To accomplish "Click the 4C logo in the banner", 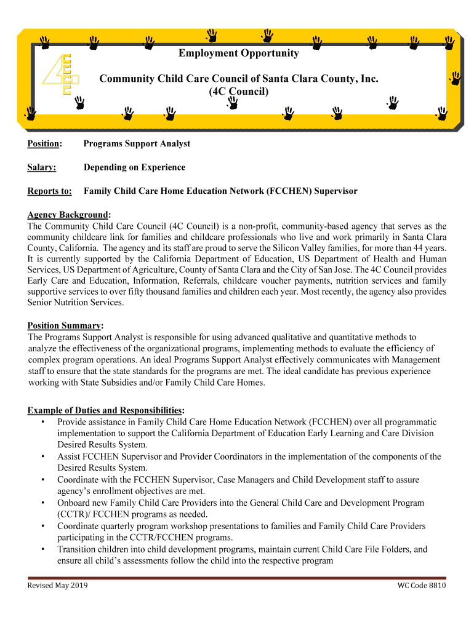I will point(60,75).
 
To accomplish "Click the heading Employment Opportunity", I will point(239,54).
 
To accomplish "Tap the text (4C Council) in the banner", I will point(239,92).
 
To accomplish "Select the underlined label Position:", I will point(44,144).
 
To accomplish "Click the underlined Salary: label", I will point(42,167).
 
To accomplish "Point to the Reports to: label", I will point(49,191).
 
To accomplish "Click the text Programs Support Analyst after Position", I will point(137,144).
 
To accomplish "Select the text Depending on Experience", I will point(134,167).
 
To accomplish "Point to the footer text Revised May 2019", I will point(57,585).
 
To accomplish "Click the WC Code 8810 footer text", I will point(422,585).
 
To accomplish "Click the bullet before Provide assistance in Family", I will point(42,423).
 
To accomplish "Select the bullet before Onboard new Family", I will point(42,503).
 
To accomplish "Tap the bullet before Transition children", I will point(42,549).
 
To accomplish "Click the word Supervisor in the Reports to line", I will point(336,191).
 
